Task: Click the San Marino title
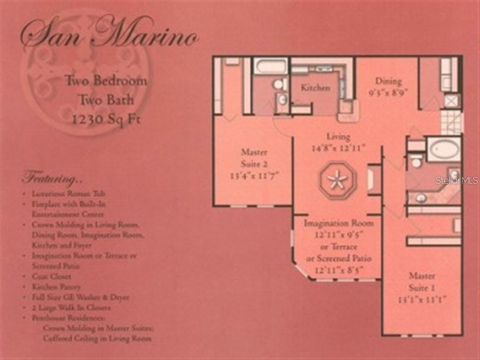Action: (109, 33)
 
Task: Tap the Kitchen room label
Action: (315, 88)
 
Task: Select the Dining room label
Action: (388, 81)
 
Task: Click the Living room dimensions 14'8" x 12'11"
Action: (338, 148)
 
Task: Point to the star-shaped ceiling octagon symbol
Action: (337, 180)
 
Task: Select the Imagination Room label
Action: (338, 223)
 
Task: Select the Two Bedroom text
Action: (106, 81)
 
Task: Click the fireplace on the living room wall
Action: (374, 180)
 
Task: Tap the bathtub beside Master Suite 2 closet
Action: (270, 66)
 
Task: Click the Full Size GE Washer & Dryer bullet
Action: (80, 297)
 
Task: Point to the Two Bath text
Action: (106, 100)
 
